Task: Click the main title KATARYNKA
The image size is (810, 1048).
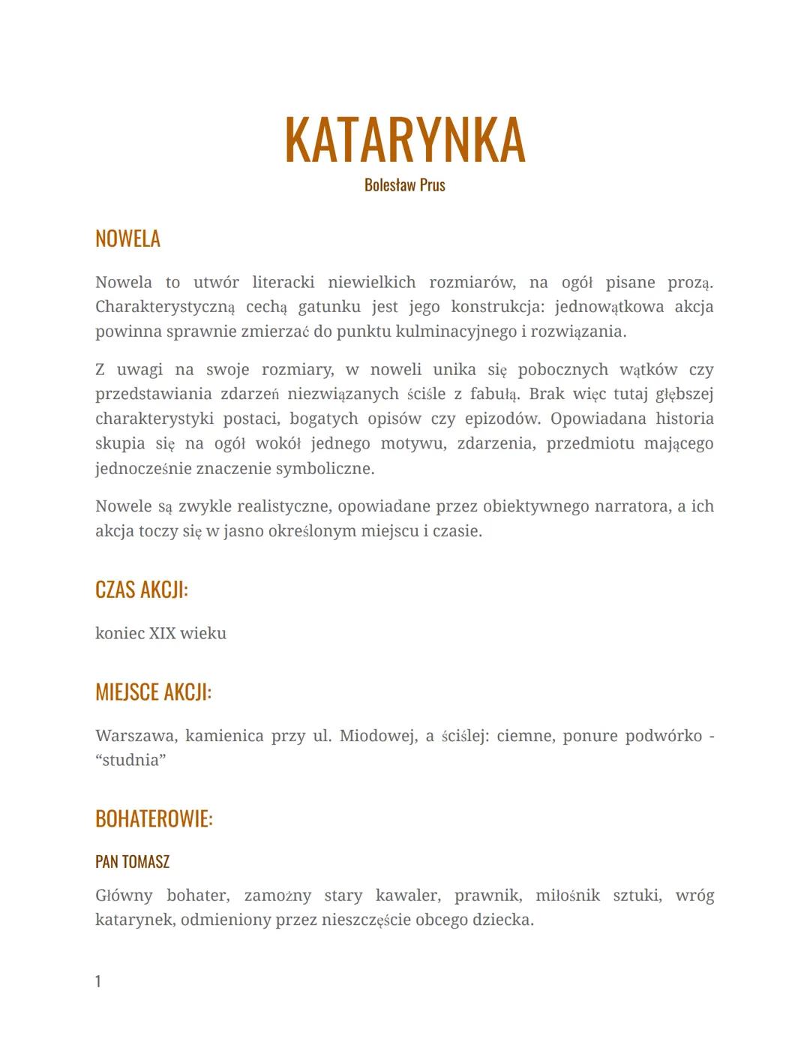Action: point(405,141)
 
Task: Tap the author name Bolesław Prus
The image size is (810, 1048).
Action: point(405,185)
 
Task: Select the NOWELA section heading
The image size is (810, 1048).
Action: point(127,239)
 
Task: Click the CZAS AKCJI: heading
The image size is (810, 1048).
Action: point(141,590)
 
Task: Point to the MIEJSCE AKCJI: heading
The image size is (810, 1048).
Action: point(153,692)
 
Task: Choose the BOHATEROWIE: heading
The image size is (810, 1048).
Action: point(154,818)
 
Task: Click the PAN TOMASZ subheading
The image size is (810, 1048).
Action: point(132,862)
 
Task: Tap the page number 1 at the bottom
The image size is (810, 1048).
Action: point(98,981)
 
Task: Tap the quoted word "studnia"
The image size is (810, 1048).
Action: point(130,760)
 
